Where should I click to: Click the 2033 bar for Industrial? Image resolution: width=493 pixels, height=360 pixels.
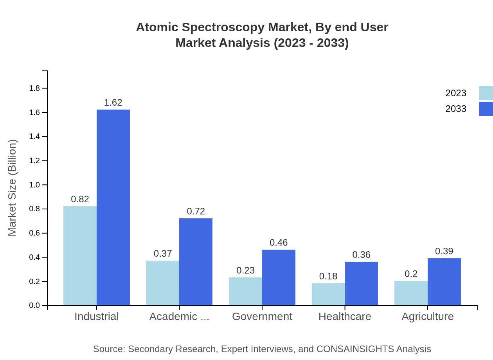click(x=113, y=207)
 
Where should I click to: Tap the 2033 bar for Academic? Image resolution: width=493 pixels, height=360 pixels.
click(x=196, y=262)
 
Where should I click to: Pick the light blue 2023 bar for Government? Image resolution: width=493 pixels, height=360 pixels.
click(x=245, y=292)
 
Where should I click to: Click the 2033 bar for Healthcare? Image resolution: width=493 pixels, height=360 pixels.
click(x=362, y=284)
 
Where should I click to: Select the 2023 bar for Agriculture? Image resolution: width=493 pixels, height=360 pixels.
click(x=411, y=293)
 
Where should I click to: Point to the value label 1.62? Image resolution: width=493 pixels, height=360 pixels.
click(x=113, y=103)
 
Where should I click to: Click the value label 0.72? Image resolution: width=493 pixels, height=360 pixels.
click(x=196, y=211)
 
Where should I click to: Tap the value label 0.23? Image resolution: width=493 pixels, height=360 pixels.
click(x=245, y=270)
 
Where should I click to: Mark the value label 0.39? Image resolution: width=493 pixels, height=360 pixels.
click(x=444, y=251)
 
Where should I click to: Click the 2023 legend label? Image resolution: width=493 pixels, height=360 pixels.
click(x=456, y=93)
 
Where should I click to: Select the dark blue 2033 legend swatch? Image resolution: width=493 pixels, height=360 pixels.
click(x=486, y=109)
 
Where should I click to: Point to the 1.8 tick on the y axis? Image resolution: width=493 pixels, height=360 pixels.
click(x=35, y=88)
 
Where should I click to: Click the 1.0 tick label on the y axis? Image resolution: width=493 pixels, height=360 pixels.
click(x=35, y=185)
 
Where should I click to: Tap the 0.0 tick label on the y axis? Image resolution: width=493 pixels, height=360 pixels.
click(x=35, y=306)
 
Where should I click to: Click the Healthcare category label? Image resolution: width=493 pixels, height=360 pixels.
click(x=345, y=317)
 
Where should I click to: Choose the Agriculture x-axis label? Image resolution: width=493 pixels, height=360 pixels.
click(x=427, y=317)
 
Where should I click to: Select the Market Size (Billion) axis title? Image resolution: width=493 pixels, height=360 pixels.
click(x=13, y=188)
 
